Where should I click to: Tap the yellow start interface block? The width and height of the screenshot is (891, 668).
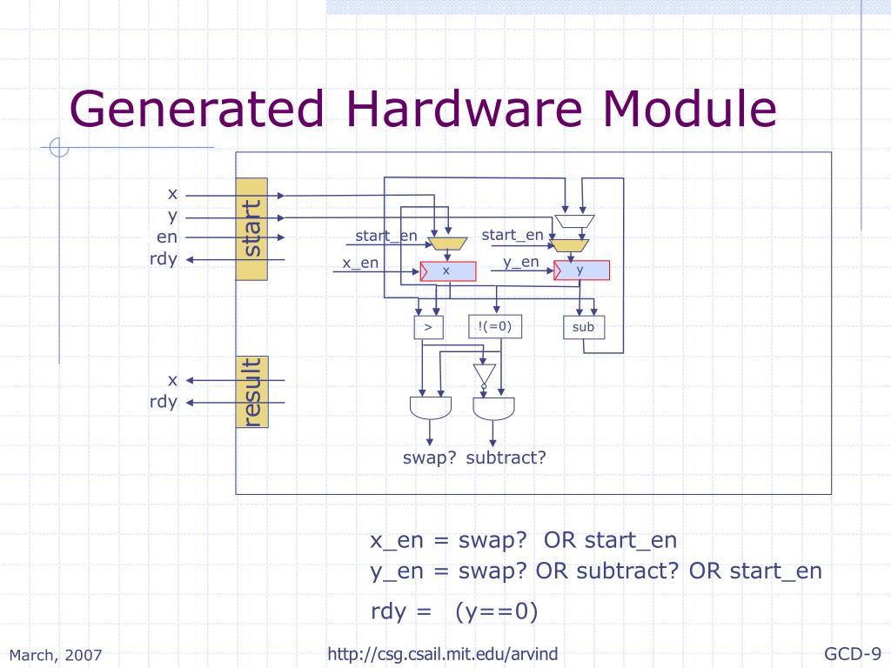[x=251, y=229]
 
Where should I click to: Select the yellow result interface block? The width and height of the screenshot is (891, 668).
[x=251, y=392]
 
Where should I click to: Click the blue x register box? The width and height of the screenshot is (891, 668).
[x=448, y=271]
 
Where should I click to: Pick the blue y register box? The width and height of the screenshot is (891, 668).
[x=582, y=271]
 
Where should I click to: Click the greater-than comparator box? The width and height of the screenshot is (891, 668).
[x=428, y=327]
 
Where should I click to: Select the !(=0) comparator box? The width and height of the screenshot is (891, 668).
[x=495, y=327]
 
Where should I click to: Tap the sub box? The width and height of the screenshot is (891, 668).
[x=584, y=327]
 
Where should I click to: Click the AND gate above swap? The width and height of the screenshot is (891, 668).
[x=431, y=408]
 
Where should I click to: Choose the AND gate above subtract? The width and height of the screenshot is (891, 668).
[x=494, y=409]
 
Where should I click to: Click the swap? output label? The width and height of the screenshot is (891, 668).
[x=430, y=458]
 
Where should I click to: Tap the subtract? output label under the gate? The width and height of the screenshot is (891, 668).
[x=506, y=458]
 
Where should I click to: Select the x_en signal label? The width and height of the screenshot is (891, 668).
[x=360, y=263]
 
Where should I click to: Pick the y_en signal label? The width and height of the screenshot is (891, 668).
[x=521, y=263]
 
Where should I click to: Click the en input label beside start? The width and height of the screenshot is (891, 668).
[x=167, y=237]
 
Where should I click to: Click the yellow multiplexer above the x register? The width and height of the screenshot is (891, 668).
[x=448, y=244]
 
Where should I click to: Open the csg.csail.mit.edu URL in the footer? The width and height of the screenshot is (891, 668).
[x=443, y=654]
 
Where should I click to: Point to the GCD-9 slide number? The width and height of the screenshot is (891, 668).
[x=853, y=654]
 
